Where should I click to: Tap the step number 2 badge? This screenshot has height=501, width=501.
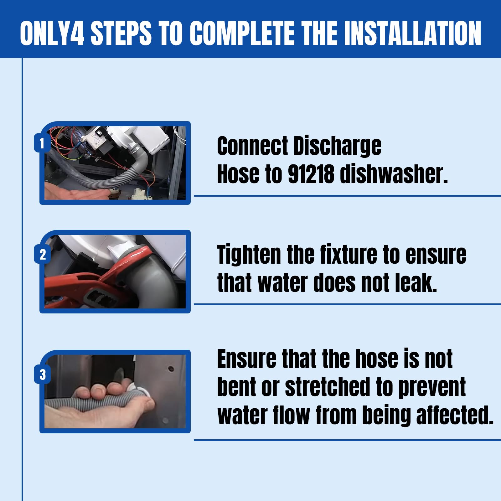click(x=43, y=254)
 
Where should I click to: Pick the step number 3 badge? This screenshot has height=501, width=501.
click(x=43, y=374)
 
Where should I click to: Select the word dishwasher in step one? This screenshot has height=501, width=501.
click(x=394, y=174)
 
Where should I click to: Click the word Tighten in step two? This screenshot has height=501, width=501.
click(x=249, y=255)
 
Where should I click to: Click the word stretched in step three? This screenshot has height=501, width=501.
click(x=328, y=387)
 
